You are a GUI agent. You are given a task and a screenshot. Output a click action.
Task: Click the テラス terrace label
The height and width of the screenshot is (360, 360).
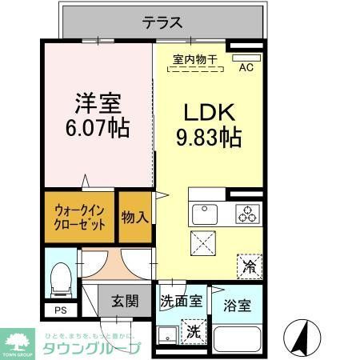point(163,22)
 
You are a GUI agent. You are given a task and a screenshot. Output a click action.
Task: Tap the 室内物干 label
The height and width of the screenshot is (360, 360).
point(195,58)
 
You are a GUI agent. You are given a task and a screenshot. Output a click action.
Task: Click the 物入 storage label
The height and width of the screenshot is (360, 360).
point(134,217)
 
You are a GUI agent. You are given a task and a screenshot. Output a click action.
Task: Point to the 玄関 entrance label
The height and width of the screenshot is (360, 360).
point(126,302)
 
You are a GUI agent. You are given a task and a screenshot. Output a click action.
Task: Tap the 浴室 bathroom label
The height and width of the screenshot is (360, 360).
point(238,305)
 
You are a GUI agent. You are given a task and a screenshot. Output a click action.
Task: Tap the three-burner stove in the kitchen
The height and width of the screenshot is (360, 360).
point(248,214)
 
